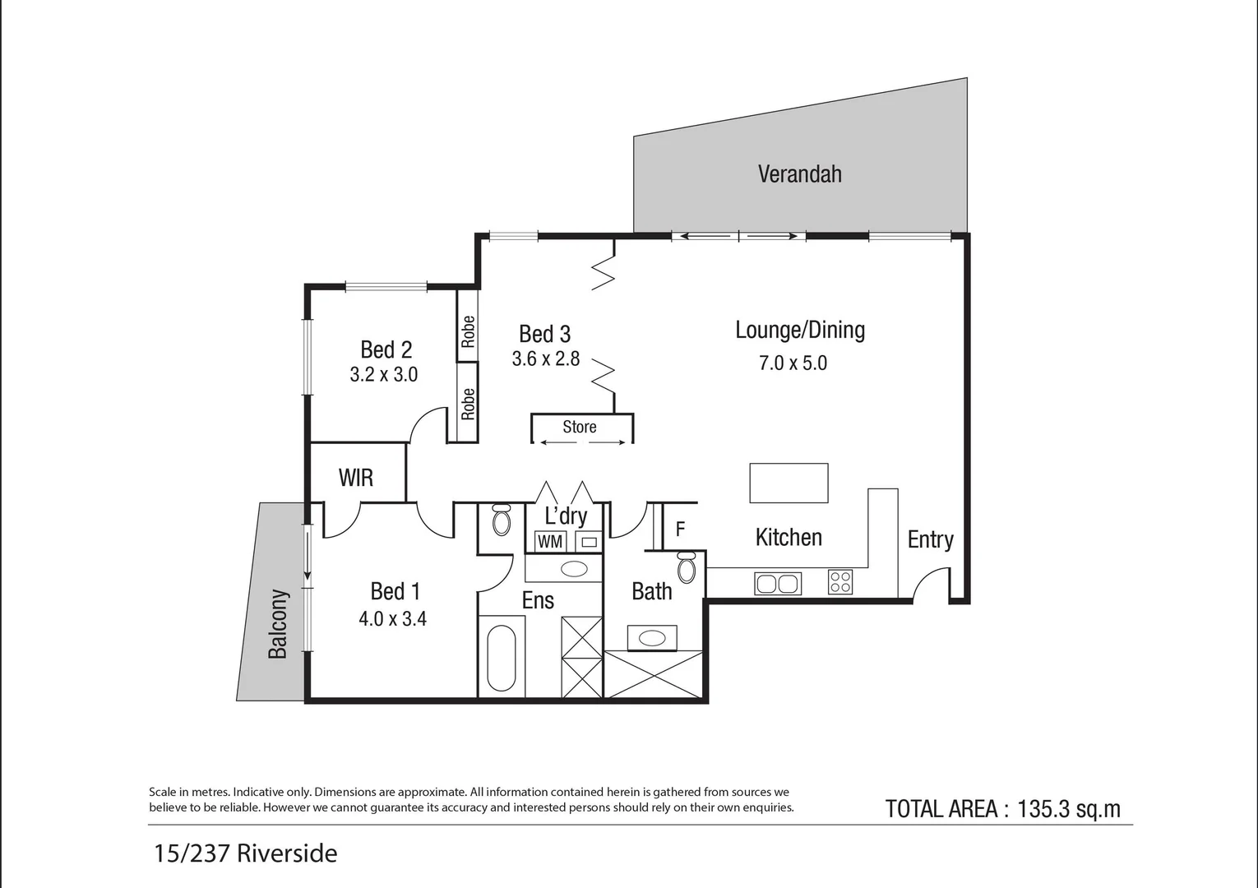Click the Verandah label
coord(800,174)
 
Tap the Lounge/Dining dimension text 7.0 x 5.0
coord(793,363)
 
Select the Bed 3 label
coord(545,334)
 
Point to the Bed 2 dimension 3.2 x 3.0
coord(384,375)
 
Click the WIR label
coord(356,478)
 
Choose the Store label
coord(580,427)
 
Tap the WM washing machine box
coord(550,542)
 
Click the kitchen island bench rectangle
coord(789,483)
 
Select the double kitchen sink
coord(778,584)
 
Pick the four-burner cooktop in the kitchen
coord(840,582)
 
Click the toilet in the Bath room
coord(687,567)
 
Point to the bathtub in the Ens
coord(502,658)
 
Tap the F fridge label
coord(680,529)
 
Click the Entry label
coord(931,539)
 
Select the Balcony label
coord(278,624)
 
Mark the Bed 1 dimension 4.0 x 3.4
coord(392,619)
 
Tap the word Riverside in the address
coord(287,853)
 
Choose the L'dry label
coord(566,516)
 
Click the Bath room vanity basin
coord(652,638)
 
